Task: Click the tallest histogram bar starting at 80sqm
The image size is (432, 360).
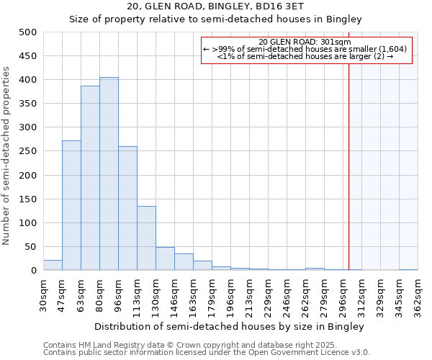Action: pos(109,174)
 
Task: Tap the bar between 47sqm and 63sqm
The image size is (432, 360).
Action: pos(71,205)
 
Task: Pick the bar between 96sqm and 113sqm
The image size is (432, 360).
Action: pos(127,208)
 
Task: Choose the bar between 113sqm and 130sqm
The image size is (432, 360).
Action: pos(146,238)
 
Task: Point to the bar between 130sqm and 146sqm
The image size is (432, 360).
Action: pos(165,258)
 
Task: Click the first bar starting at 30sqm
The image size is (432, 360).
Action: pos(53,265)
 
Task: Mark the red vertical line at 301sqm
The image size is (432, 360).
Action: pos(349,166)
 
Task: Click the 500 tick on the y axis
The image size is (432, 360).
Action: pos(28,32)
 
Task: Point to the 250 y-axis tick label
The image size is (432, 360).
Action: pos(28,151)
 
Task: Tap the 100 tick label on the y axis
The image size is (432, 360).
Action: pos(28,223)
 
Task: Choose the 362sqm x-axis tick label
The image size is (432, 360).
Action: pos(418,295)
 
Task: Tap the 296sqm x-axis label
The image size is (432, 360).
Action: pos(343,295)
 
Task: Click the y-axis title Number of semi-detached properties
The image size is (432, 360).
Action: pos(7,156)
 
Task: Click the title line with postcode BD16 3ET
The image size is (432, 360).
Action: pos(215,7)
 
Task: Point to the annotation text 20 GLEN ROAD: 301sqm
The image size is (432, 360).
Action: pos(305,42)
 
